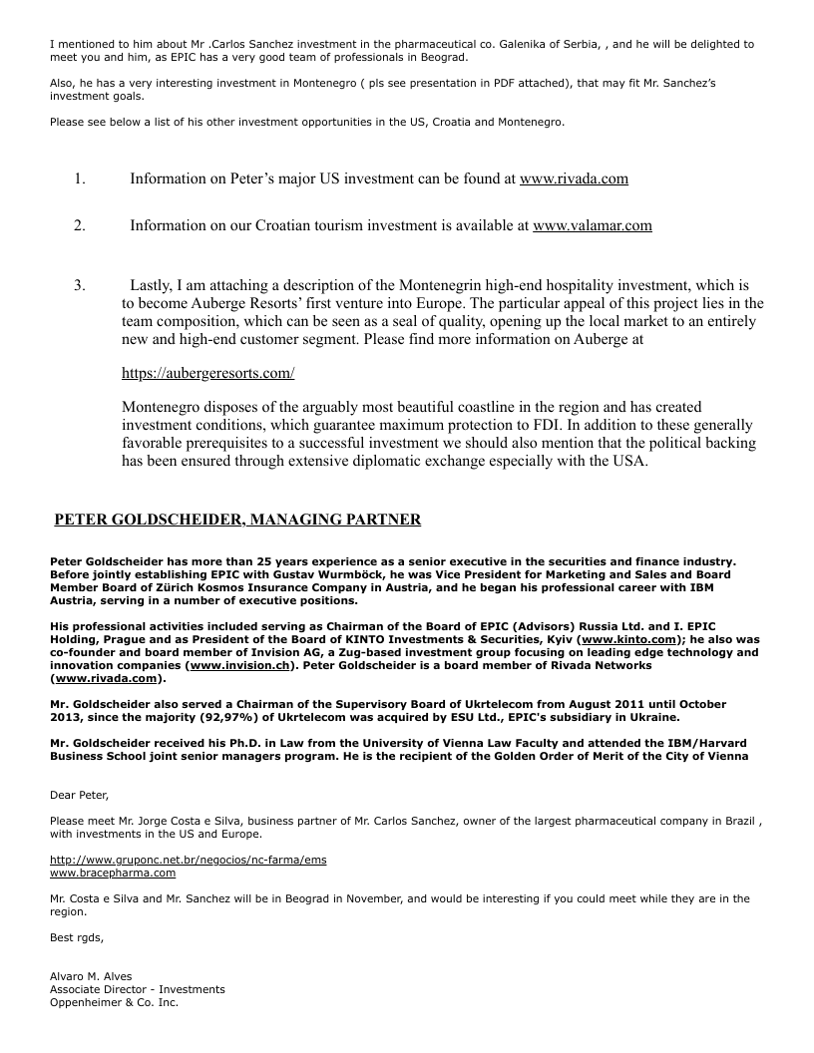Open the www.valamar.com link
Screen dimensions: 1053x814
point(593,226)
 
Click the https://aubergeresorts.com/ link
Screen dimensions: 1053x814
point(207,373)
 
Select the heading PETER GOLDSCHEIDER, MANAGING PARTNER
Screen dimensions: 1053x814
point(237,520)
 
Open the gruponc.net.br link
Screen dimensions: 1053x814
point(188,860)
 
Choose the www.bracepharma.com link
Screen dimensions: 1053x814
point(113,873)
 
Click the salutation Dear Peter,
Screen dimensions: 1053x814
point(79,795)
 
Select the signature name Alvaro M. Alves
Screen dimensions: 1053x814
point(91,976)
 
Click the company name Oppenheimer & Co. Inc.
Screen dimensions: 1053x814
point(114,1002)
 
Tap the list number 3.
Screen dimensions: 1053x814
point(79,286)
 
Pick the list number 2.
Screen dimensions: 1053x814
point(79,226)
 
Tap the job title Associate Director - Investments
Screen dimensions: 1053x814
point(138,989)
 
